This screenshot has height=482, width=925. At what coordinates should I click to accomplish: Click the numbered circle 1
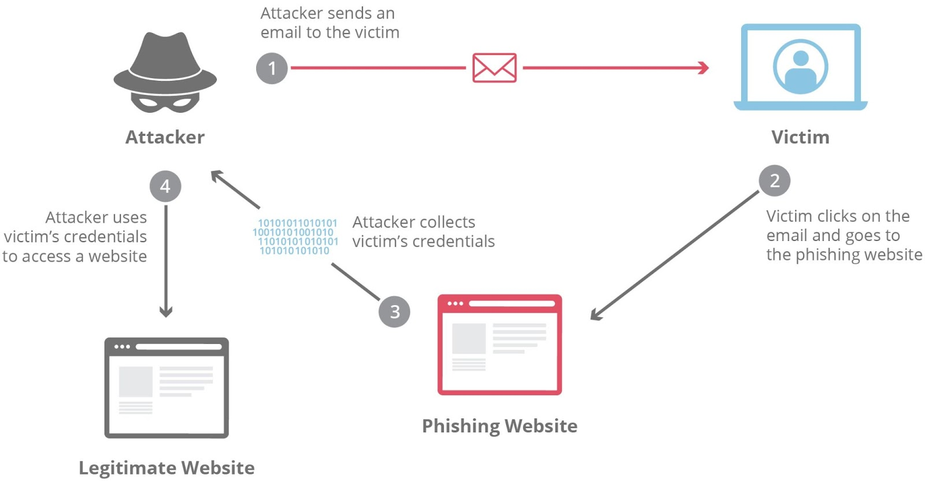coord(272,68)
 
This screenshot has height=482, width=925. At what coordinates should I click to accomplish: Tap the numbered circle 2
coord(774,181)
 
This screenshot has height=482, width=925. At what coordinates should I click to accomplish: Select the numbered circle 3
coord(394,312)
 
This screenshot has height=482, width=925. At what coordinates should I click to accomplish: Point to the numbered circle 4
coord(165,186)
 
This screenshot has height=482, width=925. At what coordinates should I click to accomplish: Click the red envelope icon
coord(494,68)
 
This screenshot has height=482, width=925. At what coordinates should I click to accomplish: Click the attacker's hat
coord(165,64)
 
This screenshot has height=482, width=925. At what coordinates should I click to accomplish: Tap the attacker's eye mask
coord(165,103)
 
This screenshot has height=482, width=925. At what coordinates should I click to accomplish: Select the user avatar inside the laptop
coord(800,67)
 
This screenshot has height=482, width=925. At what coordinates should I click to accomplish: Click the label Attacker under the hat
coord(165,137)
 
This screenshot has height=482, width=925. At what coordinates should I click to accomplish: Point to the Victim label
coord(800,137)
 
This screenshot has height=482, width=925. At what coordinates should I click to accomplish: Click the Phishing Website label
coord(499,426)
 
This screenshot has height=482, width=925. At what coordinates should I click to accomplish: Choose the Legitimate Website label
coord(166,468)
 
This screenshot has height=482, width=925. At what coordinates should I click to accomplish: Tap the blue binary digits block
coord(295,236)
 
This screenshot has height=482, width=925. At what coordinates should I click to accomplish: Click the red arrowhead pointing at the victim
coord(704,68)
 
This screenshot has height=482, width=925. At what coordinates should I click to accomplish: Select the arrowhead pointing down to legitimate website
coord(166,312)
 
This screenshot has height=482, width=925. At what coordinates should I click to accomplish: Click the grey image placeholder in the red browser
coord(468,338)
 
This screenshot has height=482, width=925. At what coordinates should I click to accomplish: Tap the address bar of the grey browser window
coord(179,347)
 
